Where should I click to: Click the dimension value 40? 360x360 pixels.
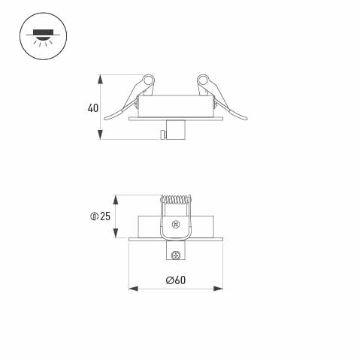(92, 107)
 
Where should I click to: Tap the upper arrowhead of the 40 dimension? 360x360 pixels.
(101, 78)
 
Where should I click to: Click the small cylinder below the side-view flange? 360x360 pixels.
(177, 130)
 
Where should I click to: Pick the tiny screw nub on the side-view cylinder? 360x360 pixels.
(163, 135)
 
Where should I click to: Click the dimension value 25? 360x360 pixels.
(104, 217)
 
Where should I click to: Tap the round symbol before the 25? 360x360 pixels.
(94, 217)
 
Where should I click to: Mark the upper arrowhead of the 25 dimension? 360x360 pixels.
(115, 198)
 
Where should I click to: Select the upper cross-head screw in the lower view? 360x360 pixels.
(176, 224)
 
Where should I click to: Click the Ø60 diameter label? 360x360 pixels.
(175, 280)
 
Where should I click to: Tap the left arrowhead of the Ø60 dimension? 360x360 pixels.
(132, 287)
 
